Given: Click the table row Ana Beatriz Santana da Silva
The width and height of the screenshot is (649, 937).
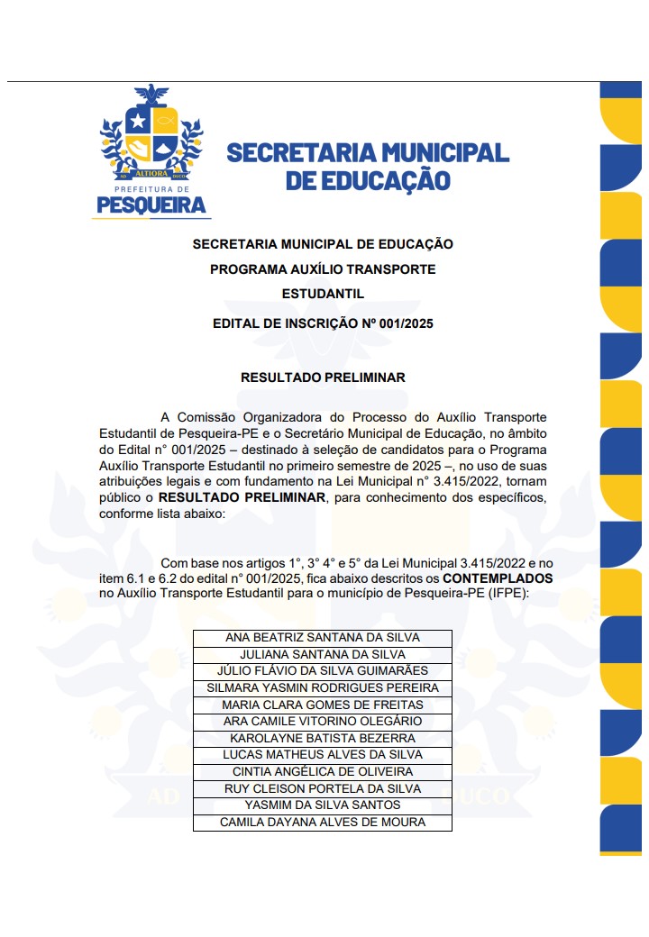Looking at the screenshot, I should (323, 638).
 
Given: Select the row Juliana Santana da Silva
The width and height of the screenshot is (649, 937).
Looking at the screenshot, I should (323, 654).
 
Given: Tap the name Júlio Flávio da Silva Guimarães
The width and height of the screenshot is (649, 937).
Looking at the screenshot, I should (323, 671).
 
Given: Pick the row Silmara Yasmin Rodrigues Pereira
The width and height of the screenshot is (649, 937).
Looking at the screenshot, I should (323, 687).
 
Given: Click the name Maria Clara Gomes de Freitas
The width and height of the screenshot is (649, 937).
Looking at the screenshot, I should (323, 705).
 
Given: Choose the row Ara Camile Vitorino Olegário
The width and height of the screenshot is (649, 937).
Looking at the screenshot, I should (323, 721).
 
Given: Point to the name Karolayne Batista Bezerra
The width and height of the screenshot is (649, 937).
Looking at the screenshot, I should (323, 738).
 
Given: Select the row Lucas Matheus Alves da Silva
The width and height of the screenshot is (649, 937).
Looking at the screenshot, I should (323, 755).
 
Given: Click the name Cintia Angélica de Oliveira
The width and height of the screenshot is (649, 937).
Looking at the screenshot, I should (323, 772).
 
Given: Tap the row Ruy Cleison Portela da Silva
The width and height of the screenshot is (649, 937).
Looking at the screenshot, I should (323, 788).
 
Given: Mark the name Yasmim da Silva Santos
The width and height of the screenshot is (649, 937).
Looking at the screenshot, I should (323, 805).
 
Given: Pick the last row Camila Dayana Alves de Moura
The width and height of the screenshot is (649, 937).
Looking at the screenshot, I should (323, 823).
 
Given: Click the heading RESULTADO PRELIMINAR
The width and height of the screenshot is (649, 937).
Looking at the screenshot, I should (323, 378).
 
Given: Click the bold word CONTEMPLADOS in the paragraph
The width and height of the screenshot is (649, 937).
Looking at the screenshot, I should (498, 577).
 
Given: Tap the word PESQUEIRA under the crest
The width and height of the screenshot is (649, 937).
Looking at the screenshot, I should (151, 206).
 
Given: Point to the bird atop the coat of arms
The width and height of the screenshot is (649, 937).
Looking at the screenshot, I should (151, 94).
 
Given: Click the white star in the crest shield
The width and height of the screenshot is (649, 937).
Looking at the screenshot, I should (138, 120).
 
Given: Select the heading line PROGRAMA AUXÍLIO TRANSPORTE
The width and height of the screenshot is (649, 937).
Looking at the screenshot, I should (323, 269).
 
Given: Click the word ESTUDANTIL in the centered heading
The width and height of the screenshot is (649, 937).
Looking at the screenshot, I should (323, 295).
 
